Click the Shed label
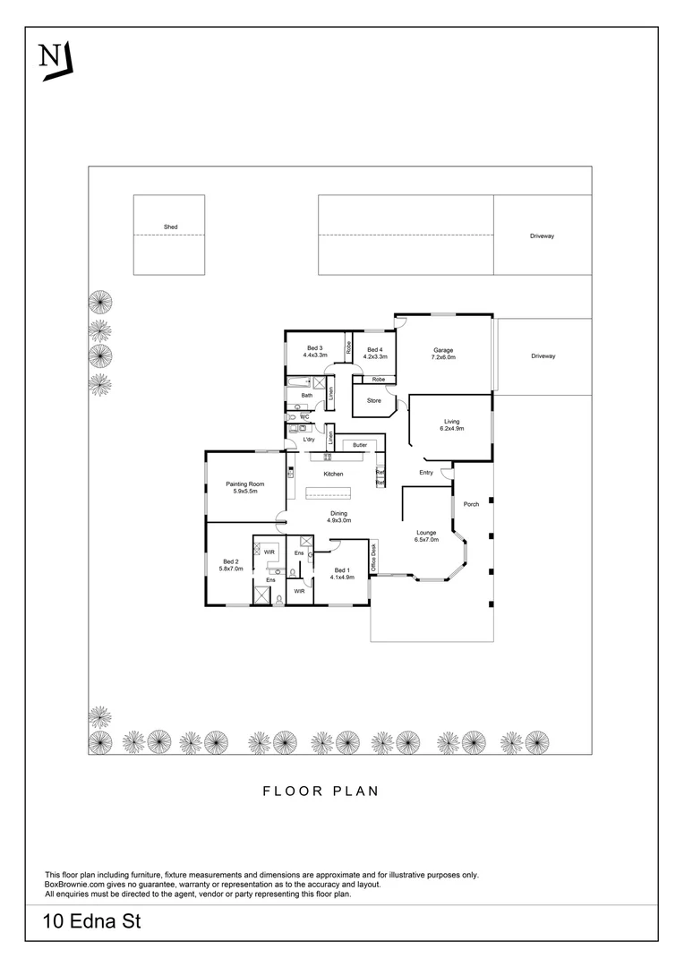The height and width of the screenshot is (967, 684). tap(170, 227)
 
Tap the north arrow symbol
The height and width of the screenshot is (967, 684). tap(56, 61)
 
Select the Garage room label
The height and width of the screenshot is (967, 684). tap(444, 350)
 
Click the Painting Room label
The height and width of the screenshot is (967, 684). tap(244, 484)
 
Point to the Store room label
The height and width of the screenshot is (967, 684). tap(373, 400)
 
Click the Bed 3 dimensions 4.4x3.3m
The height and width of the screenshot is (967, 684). tap(314, 355)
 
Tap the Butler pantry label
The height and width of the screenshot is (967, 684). tap(360, 445)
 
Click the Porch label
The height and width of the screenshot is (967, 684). tap(471, 504)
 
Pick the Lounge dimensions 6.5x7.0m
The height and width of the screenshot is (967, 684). tap(426, 540)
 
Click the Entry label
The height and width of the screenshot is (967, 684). tap(426, 472)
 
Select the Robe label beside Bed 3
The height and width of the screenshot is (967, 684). tap(348, 346)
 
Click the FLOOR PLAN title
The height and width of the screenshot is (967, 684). tap(321, 791)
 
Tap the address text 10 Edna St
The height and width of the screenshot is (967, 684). tap(91, 921)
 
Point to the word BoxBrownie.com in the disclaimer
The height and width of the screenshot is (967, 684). tap(77, 884)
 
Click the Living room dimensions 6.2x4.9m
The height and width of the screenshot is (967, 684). tap(451, 429)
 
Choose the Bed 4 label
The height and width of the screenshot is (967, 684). tap(374, 348)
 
